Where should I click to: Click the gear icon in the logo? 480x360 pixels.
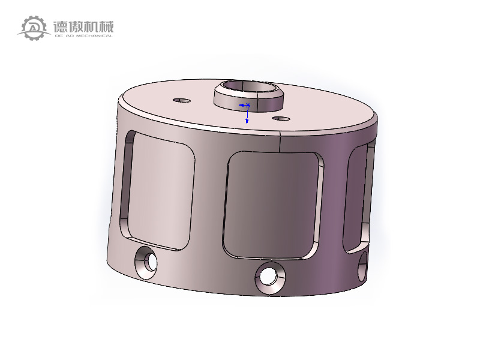[34, 28]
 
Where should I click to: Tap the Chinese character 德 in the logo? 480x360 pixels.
[61, 26]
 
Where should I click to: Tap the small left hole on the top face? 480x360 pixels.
[182, 100]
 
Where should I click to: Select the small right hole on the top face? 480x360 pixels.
[281, 118]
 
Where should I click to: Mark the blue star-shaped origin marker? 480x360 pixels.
[248, 105]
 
